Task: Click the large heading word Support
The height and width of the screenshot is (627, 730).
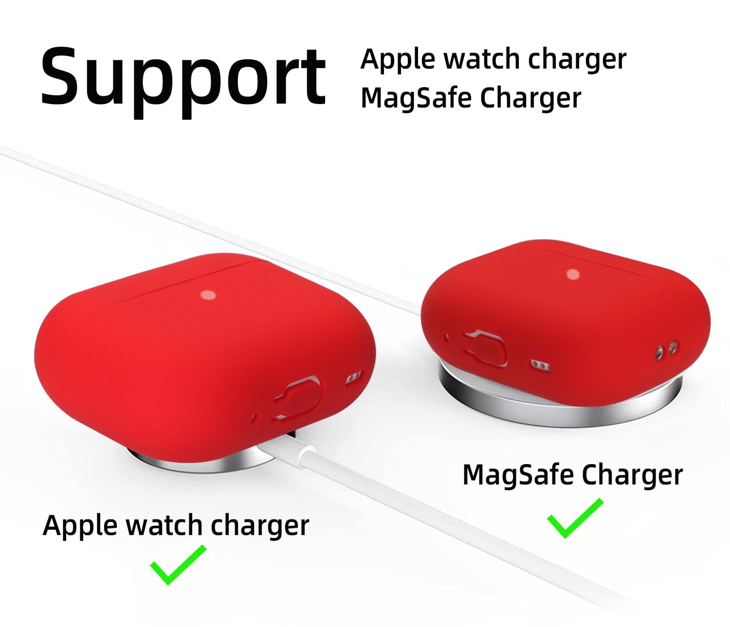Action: tap(183, 82)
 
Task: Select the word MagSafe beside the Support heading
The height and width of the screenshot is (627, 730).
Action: tap(416, 98)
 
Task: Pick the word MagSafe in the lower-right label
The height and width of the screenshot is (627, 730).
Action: tap(518, 475)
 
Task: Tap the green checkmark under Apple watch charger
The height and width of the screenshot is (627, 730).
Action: tap(178, 565)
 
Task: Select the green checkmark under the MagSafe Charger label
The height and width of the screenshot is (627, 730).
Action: tap(575, 518)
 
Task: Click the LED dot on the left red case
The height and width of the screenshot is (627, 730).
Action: tap(208, 295)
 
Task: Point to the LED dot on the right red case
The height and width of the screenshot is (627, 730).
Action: tap(573, 274)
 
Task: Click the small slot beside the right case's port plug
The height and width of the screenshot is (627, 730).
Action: tap(540, 365)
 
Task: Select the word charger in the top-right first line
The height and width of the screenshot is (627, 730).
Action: tap(577, 61)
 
